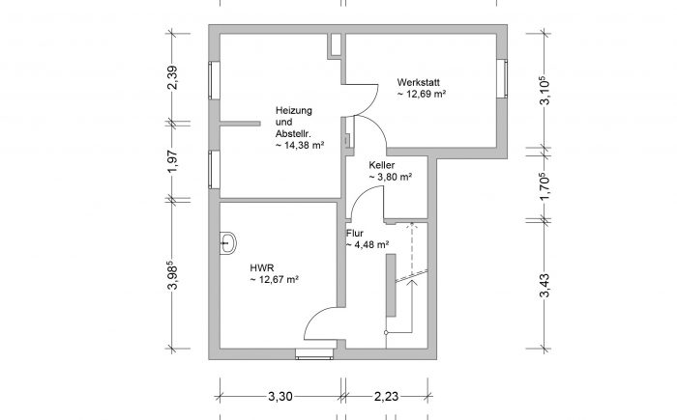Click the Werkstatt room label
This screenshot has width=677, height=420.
(419, 82)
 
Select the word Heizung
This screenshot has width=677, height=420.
(294, 111)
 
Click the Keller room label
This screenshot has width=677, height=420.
(382, 165)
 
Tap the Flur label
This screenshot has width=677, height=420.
(355, 234)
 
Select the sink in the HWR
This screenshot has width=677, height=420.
(228, 243)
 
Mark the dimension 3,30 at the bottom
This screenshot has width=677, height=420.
(280, 396)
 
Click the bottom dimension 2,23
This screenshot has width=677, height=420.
(386, 396)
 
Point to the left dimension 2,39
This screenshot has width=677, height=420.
(172, 77)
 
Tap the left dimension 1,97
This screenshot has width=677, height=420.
(172, 161)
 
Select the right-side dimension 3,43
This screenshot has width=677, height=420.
(545, 286)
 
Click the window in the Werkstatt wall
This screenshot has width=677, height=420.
(502, 79)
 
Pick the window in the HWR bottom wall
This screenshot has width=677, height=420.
(314, 354)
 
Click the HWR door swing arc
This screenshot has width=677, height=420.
(317, 317)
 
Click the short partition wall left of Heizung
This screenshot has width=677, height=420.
(240, 124)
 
